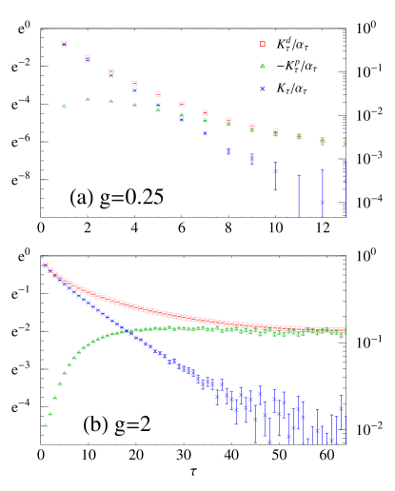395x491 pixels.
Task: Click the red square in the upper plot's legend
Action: tap(263, 44)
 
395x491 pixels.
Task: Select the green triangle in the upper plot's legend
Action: tap(263, 66)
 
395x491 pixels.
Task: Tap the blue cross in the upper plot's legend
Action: tap(263, 89)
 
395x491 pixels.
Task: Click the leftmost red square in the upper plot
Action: tap(64, 44)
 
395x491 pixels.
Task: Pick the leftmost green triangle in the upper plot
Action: tap(65, 106)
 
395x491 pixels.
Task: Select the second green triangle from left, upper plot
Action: tap(88, 99)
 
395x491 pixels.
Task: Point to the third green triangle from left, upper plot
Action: tap(111, 101)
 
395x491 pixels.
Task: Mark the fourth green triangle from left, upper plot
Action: tap(134, 105)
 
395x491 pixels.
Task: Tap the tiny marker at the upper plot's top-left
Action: tap(42, 30)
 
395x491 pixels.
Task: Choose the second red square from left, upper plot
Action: tap(88, 57)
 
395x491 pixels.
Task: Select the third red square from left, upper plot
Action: tap(111, 70)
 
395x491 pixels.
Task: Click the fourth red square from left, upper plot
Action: tap(134, 84)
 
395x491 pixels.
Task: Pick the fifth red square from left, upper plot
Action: tap(158, 94)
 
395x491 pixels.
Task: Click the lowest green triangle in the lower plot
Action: tap(45, 424)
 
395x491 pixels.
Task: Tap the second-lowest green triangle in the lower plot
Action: tap(49, 413)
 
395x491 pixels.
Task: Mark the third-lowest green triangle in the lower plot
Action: tap(54, 397)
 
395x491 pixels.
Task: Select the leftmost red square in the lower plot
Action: tap(46, 265)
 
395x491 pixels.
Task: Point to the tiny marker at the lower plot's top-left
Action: tap(42, 258)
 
